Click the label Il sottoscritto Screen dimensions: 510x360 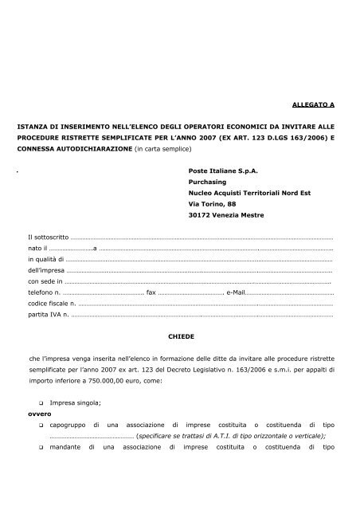tap(48, 237)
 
